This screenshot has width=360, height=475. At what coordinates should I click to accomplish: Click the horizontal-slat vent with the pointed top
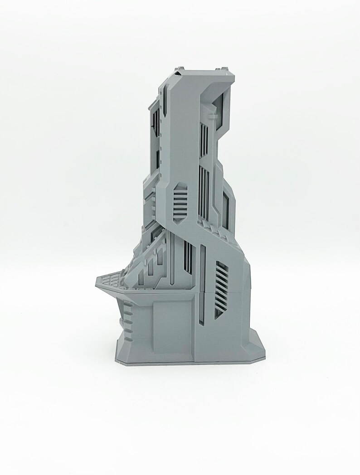pyautogui.click(x=180, y=201)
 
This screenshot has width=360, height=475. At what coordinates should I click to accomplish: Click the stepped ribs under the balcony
pyautogui.click(x=128, y=317)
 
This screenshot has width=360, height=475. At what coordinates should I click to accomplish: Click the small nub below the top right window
pyautogui.click(x=211, y=117)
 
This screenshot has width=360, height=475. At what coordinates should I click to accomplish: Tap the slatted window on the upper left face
pyautogui.click(x=156, y=121)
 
